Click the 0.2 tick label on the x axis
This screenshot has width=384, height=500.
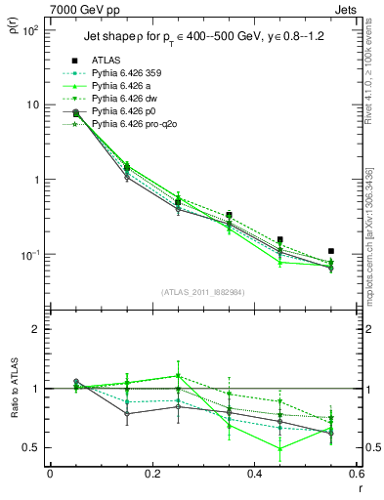tap(151, 474)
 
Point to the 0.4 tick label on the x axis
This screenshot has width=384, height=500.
tap(254, 474)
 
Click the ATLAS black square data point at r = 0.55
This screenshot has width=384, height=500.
tap(331, 251)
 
